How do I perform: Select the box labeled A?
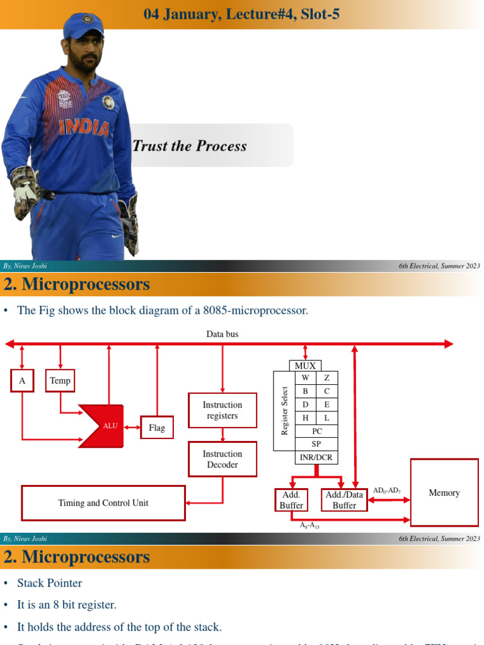point(22,380)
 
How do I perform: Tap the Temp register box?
point(60,380)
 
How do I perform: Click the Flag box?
point(157,428)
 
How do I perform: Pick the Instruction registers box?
point(222,410)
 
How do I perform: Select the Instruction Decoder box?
point(222,459)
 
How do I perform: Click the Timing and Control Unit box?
point(103,503)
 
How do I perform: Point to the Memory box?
point(444,493)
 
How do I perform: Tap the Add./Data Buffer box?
point(344,500)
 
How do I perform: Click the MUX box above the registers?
point(306,365)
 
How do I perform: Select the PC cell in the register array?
point(317,431)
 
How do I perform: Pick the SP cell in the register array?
point(317,444)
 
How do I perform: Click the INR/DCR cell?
point(317,457)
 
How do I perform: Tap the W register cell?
point(306,377)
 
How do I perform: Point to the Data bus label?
point(222,334)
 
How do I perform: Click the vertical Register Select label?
point(285,411)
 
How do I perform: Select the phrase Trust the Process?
point(190,146)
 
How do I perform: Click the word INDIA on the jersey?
point(84,127)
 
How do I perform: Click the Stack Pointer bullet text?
point(49,583)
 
